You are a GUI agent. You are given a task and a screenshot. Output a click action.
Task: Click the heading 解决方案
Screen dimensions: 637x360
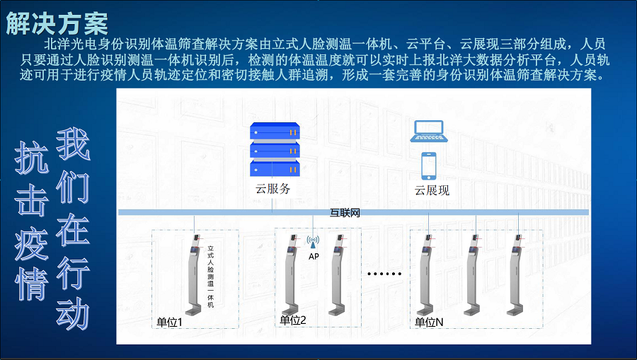click(57, 23)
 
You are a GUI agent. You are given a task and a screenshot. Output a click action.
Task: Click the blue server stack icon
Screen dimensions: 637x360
click(275, 149)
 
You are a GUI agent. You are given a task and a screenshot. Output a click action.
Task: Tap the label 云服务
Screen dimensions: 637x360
click(273, 189)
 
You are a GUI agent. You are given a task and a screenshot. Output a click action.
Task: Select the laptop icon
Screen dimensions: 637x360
click(429, 131)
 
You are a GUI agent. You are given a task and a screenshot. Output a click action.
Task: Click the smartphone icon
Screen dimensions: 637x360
click(429, 166)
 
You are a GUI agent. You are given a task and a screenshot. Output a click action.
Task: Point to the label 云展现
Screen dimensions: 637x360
click(432, 190)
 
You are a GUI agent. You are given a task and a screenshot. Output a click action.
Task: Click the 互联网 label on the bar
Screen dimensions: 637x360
click(345, 213)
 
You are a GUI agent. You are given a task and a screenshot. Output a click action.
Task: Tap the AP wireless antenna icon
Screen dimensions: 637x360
click(313, 242)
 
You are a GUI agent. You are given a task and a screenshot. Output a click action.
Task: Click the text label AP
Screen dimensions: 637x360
click(314, 257)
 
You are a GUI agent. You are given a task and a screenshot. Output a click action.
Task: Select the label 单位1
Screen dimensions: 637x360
click(170, 323)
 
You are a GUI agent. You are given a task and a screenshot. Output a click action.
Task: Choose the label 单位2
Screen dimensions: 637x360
click(293, 320)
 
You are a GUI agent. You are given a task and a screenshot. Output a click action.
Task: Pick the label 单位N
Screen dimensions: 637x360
click(429, 323)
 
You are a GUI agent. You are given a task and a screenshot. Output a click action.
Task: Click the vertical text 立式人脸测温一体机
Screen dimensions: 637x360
click(210, 277)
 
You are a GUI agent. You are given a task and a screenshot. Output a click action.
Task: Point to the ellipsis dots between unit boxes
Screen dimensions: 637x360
click(384, 274)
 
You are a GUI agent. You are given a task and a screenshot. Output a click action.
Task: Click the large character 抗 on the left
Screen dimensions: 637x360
click(32, 158)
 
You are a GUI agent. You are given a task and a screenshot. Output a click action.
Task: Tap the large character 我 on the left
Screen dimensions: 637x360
click(73, 144)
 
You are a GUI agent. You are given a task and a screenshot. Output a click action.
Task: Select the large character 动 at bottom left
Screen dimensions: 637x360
click(73, 313)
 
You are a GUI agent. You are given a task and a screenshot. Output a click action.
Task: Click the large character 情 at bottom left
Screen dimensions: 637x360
click(32, 284)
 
